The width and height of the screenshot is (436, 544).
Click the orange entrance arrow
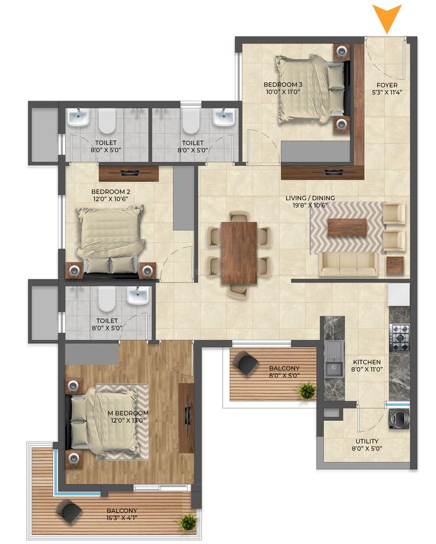tap(387, 18)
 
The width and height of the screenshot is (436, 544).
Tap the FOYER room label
tap(387, 85)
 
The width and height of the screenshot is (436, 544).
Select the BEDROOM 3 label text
tap(283, 84)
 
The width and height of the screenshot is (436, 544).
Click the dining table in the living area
tap(239, 253)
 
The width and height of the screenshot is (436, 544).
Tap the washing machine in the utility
tap(399, 418)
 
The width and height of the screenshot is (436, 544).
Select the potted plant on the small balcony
tap(306, 391)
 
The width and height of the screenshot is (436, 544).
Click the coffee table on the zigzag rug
tap(347, 227)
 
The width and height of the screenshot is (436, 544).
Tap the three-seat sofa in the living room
tap(349, 264)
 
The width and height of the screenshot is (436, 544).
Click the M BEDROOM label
tap(128, 413)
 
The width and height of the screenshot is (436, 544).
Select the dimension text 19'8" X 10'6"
tap(310, 205)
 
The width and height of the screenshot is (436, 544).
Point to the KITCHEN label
tap(367, 362)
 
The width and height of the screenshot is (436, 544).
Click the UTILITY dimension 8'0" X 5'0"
tap(367, 448)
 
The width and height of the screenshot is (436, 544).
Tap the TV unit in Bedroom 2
tap(129, 173)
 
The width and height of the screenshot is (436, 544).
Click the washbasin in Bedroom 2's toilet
tap(78, 117)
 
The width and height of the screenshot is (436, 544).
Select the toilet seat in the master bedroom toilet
tap(106, 300)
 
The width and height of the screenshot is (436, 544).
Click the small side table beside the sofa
tap(395, 266)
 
